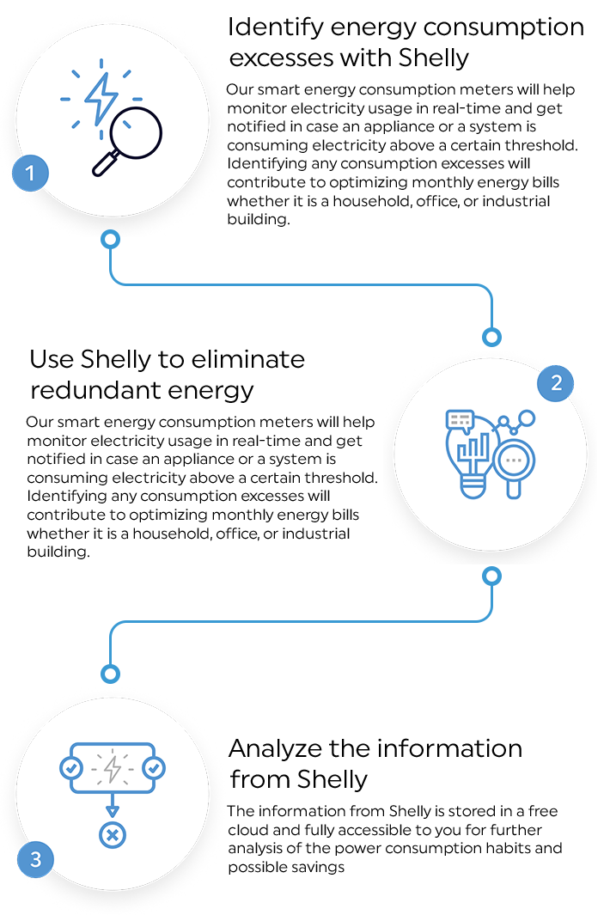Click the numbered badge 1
31,174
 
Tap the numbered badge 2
556,383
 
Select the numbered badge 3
34,859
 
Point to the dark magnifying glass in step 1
136,137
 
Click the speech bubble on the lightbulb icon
460,420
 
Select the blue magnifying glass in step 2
515,465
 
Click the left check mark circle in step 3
70,767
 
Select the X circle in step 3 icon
112,833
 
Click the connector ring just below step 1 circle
110,240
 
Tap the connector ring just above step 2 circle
491,336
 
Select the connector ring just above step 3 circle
109,674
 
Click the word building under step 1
259,220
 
